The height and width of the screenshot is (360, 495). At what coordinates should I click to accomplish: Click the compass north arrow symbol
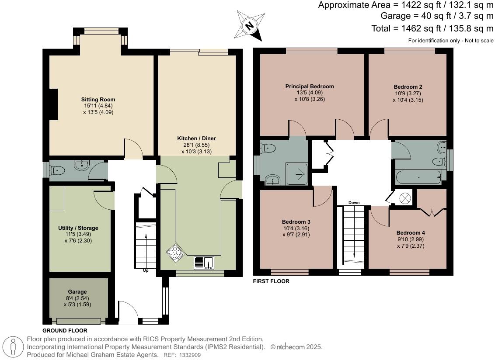pos(249,25)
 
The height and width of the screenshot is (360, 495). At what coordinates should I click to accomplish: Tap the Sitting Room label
pos(98,99)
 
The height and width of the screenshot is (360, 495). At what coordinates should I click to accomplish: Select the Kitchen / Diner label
pos(196,138)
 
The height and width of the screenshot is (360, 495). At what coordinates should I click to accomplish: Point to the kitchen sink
pos(204,263)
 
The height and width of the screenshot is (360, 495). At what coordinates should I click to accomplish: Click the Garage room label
pos(77,292)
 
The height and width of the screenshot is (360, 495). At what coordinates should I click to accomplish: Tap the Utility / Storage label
pos(78,228)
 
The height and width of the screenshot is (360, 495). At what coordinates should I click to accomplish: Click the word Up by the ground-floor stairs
pos(146,270)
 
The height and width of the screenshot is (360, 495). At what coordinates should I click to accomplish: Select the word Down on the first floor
pos(354,203)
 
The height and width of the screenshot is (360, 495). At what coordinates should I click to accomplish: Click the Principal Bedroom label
pos(310,86)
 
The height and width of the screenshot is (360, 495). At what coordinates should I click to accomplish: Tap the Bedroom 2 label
pos(408,87)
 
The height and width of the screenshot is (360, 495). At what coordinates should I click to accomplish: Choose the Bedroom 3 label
pos(296,222)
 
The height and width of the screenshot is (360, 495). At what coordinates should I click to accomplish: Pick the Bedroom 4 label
pos(411,232)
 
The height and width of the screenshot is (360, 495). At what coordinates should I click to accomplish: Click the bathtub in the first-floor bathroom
pos(418,178)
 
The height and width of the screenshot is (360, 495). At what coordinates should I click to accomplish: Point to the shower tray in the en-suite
pos(296,174)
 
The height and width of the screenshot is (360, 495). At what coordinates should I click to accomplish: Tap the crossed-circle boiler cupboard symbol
pos(404,198)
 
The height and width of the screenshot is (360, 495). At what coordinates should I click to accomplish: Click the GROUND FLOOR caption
pos(65,331)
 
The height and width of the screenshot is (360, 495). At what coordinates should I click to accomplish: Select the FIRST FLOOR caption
pos(271,281)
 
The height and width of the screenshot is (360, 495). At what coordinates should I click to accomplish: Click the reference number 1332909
pos(190,355)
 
